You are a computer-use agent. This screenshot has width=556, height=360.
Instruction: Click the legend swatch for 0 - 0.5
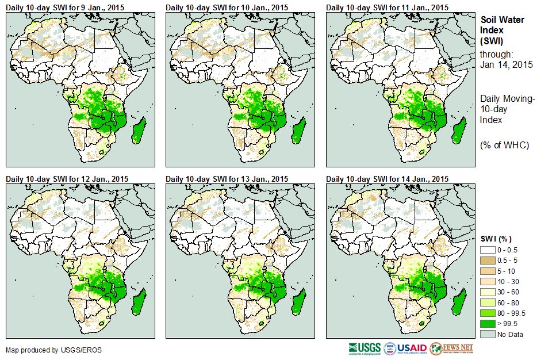(488, 250)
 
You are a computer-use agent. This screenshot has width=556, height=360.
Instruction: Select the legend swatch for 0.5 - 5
(488, 261)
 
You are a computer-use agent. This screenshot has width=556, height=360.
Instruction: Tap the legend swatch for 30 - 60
(488, 292)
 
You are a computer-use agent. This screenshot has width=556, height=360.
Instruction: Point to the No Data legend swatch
(488, 334)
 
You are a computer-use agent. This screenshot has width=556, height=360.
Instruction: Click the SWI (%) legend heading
(496, 239)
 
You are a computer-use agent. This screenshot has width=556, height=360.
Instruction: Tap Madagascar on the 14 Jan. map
(459, 302)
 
